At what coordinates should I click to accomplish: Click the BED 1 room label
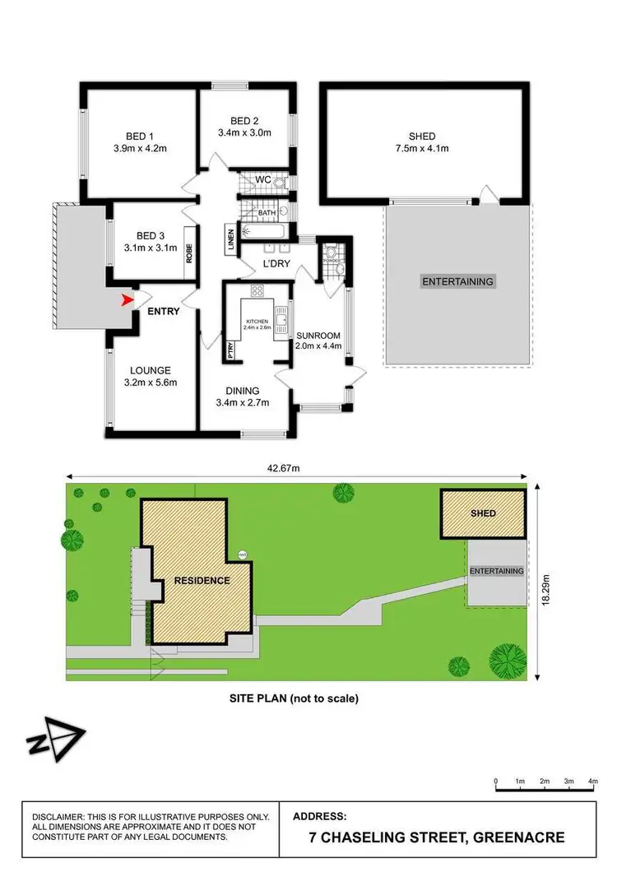tap(139, 136)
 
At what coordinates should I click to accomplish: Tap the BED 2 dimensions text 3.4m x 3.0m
tap(244, 132)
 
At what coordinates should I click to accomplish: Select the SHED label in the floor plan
tap(422, 136)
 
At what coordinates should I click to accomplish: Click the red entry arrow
tap(126, 300)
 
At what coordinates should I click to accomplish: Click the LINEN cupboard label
tap(230, 240)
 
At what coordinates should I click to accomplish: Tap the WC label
tap(263, 179)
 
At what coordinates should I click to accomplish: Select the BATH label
tap(267, 213)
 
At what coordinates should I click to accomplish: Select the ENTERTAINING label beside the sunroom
tap(457, 281)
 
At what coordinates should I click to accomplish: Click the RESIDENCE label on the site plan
tap(202, 580)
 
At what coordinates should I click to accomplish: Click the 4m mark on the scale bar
tap(592, 780)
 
